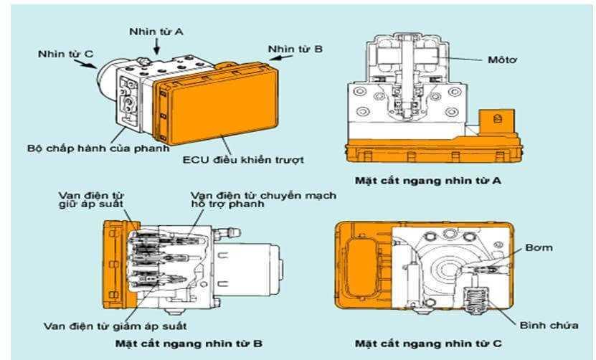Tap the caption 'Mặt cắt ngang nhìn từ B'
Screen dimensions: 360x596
coord(189,343)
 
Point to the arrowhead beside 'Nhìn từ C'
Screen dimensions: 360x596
coord(93,65)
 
